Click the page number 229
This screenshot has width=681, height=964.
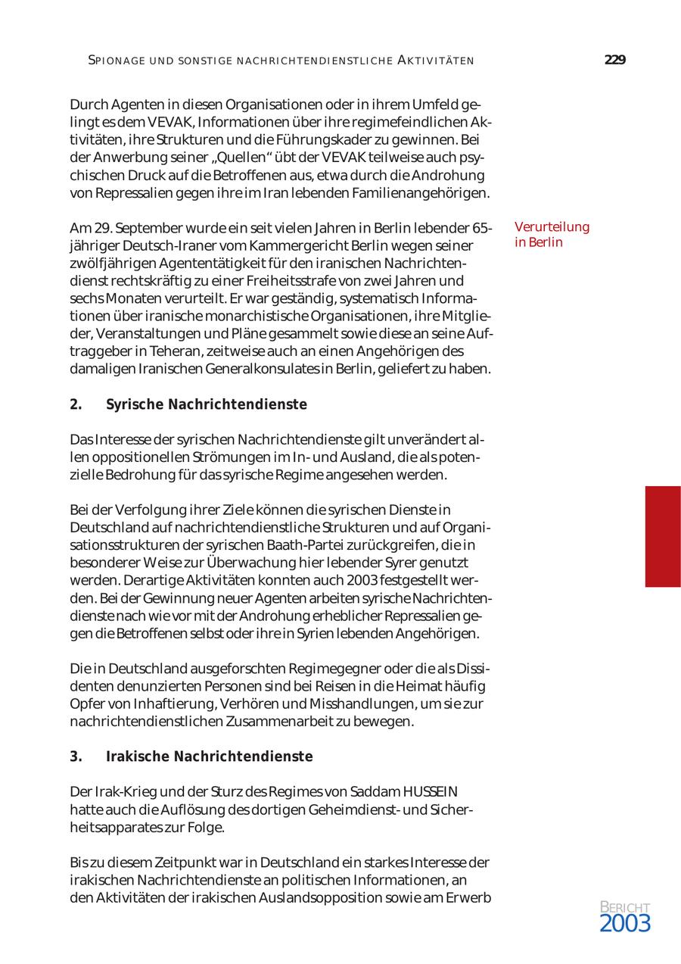tap(614, 61)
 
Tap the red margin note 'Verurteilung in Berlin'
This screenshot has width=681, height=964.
tap(552, 235)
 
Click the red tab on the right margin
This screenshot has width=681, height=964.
tap(662, 536)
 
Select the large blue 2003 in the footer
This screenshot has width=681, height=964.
tap(624, 923)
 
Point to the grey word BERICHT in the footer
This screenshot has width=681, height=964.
tap(624, 907)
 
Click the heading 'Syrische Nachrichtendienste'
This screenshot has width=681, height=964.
tap(207, 404)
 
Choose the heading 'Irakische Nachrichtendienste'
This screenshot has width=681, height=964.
tap(209, 757)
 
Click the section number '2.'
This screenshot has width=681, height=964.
tap(76, 404)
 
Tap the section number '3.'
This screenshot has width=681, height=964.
tap(76, 757)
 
